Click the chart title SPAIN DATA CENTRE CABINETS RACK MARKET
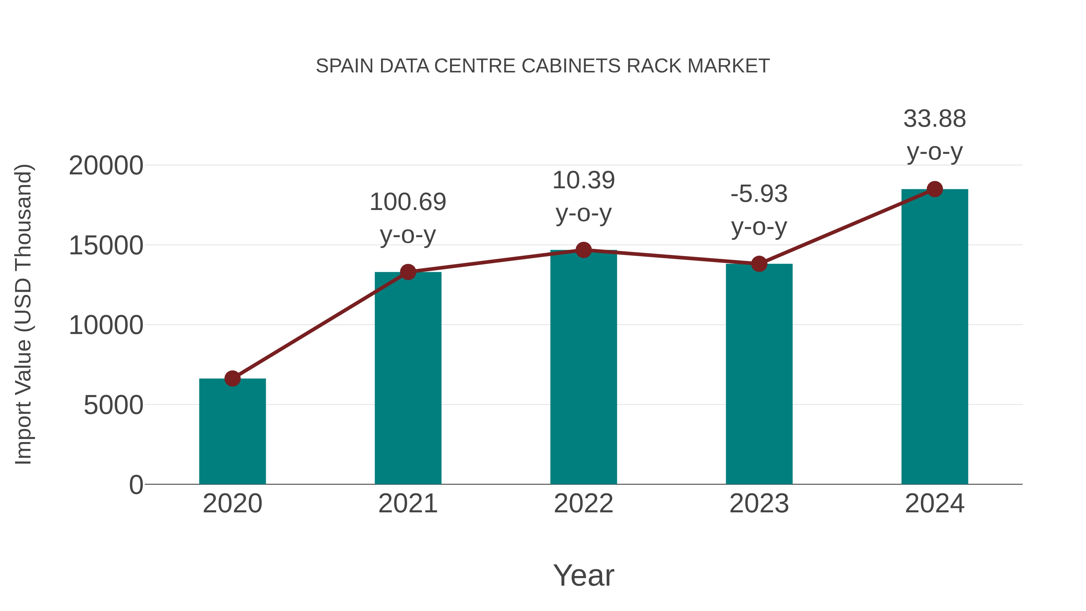click(543, 66)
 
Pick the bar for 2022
click(583, 367)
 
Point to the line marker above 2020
click(232, 378)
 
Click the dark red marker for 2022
click(583, 250)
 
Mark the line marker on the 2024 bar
click(935, 189)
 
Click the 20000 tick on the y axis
click(106, 165)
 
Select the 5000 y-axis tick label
click(113, 405)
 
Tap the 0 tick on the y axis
click(136, 485)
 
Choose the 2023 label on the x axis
click(759, 504)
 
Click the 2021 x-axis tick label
click(408, 504)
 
